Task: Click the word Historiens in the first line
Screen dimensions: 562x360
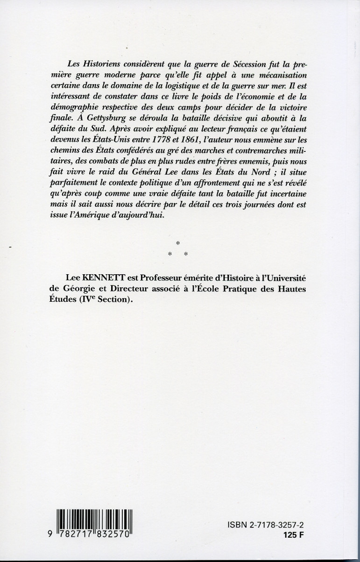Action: pyautogui.click(x=96, y=64)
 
